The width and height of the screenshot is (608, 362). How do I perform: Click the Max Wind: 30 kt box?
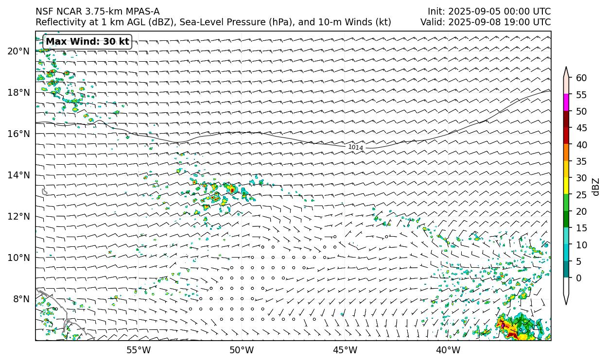point(87,42)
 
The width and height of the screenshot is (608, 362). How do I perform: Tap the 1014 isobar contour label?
point(355,147)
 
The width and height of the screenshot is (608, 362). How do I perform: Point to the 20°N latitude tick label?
point(18,51)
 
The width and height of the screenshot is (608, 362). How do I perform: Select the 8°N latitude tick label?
point(21,299)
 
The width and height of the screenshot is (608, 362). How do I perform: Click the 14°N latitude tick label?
point(18,175)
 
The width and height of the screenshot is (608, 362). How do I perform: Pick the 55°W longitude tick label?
point(139,350)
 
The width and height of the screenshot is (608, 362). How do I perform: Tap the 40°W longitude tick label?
point(448,350)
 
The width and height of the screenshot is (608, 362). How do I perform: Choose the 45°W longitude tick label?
point(345,350)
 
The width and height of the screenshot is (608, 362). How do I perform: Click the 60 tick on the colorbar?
point(581,78)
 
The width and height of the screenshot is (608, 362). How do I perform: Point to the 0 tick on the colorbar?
point(578,278)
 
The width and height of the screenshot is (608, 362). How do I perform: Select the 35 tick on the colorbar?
point(581,161)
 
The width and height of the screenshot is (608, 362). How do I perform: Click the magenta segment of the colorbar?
point(566,103)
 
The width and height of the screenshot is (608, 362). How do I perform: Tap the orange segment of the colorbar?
point(566,153)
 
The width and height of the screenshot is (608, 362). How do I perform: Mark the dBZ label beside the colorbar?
point(596,187)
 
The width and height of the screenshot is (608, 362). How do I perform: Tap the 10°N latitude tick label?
point(18,258)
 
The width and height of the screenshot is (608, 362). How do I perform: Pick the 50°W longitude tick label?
point(242,350)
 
